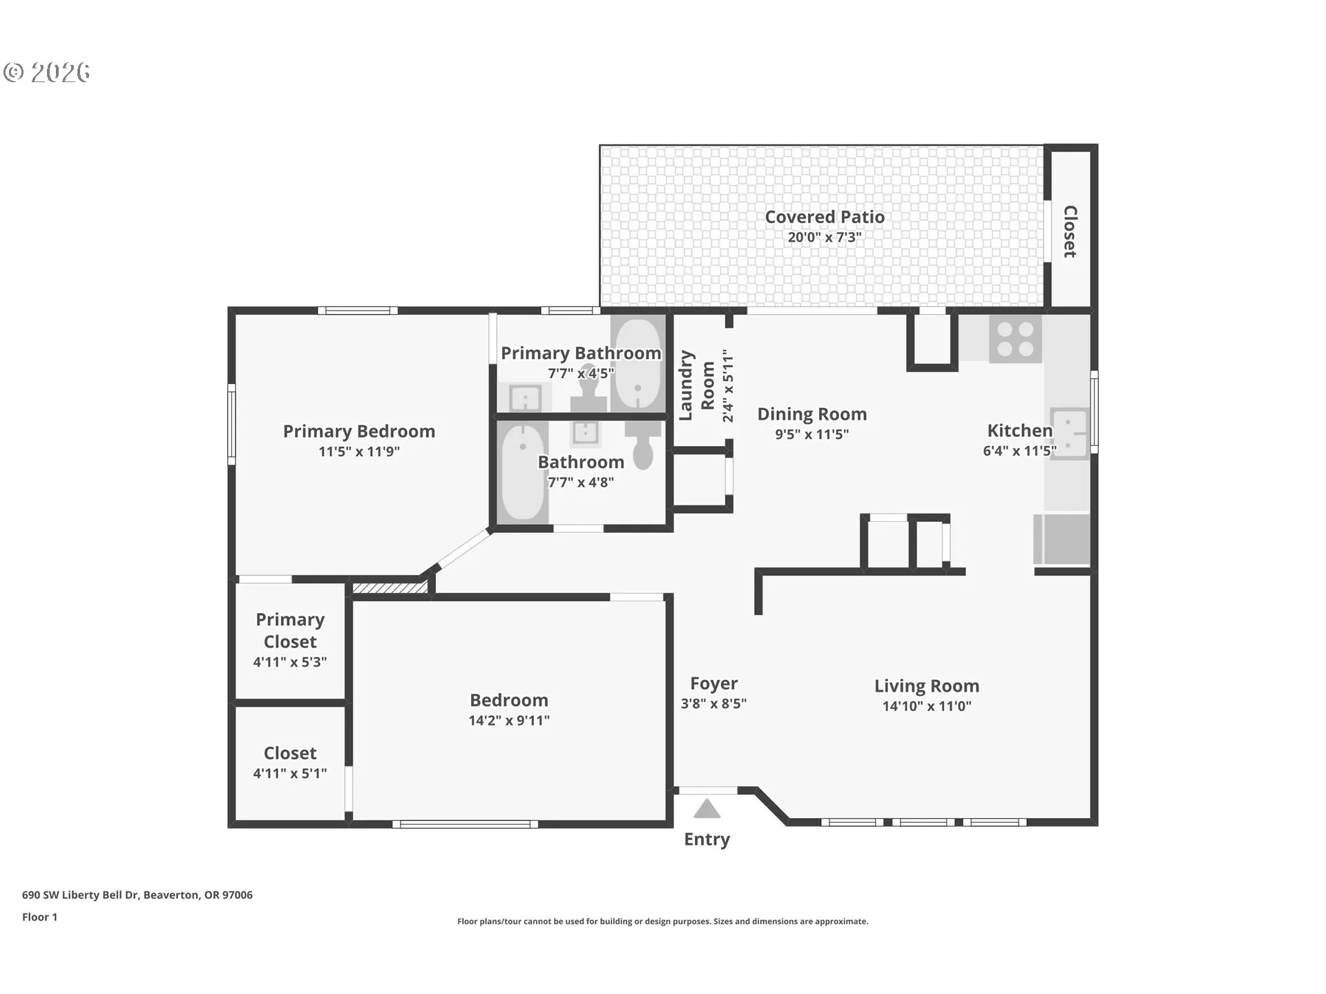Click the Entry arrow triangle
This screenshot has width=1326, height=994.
(707, 808)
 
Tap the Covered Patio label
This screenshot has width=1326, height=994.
(825, 217)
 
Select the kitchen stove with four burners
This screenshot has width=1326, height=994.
(1015, 339)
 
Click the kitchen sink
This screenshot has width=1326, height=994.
(1068, 433)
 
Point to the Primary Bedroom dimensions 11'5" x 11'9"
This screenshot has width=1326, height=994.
(359, 451)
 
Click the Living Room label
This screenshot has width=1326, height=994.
(927, 685)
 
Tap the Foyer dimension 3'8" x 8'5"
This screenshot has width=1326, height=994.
(713, 703)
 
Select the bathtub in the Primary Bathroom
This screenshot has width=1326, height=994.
(637, 363)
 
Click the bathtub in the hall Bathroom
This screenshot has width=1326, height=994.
(523, 472)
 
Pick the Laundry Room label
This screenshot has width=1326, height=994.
(697, 385)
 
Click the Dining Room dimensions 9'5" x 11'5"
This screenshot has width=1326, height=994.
(812, 434)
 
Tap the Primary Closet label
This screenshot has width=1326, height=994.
(290, 630)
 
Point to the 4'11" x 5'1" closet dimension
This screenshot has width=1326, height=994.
(290, 773)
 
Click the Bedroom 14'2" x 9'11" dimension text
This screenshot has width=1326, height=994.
(509, 720)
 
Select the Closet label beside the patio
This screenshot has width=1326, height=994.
(1070, 231)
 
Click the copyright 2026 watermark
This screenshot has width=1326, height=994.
(47, 72)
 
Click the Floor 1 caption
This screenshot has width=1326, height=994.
(39, 917)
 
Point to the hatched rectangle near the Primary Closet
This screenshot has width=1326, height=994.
(390, 588)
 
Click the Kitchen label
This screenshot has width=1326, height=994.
(1020, 431)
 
